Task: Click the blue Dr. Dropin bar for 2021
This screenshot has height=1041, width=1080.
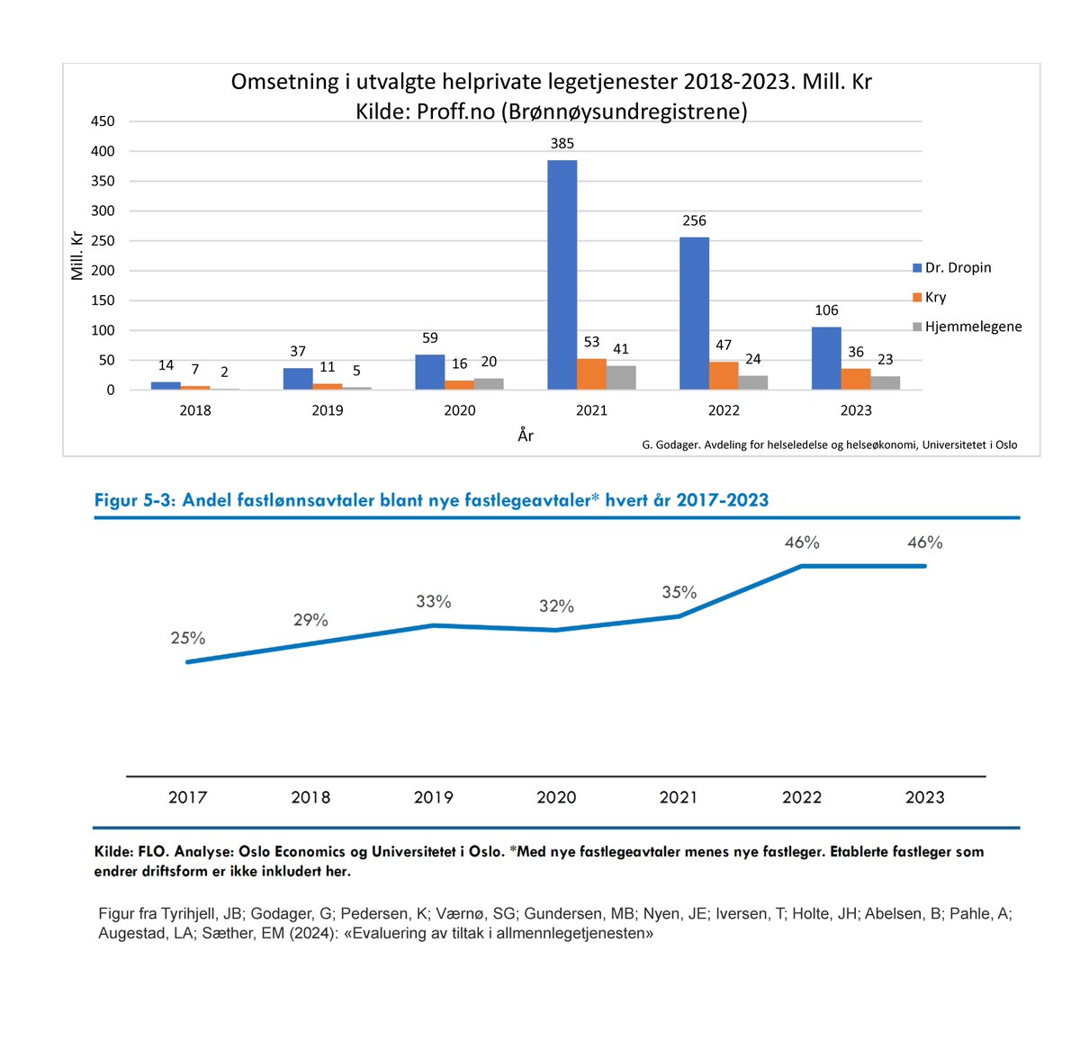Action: click(562, 274)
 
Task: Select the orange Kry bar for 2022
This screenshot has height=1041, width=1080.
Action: click(723, 375)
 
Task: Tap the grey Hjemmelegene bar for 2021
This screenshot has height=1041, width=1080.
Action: click(620, 377)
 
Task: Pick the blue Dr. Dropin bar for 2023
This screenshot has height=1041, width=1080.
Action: click(825, 358)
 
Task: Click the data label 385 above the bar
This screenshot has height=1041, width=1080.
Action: click(562, 143)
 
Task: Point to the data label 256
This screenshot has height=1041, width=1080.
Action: click(694, 220)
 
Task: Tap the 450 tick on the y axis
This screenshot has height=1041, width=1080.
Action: click(103, 121)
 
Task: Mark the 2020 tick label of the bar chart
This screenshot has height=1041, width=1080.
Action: click(459, 410)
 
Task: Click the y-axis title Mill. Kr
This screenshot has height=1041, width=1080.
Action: click(77, 255)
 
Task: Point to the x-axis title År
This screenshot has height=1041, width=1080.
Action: click(526, 435)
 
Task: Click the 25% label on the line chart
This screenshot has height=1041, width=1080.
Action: click(188, 638)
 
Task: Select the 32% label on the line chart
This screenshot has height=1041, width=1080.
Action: click(556, 606)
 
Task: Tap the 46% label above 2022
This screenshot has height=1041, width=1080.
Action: click(801, 543)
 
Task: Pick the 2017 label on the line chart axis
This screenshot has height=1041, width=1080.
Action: click(187, 797)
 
